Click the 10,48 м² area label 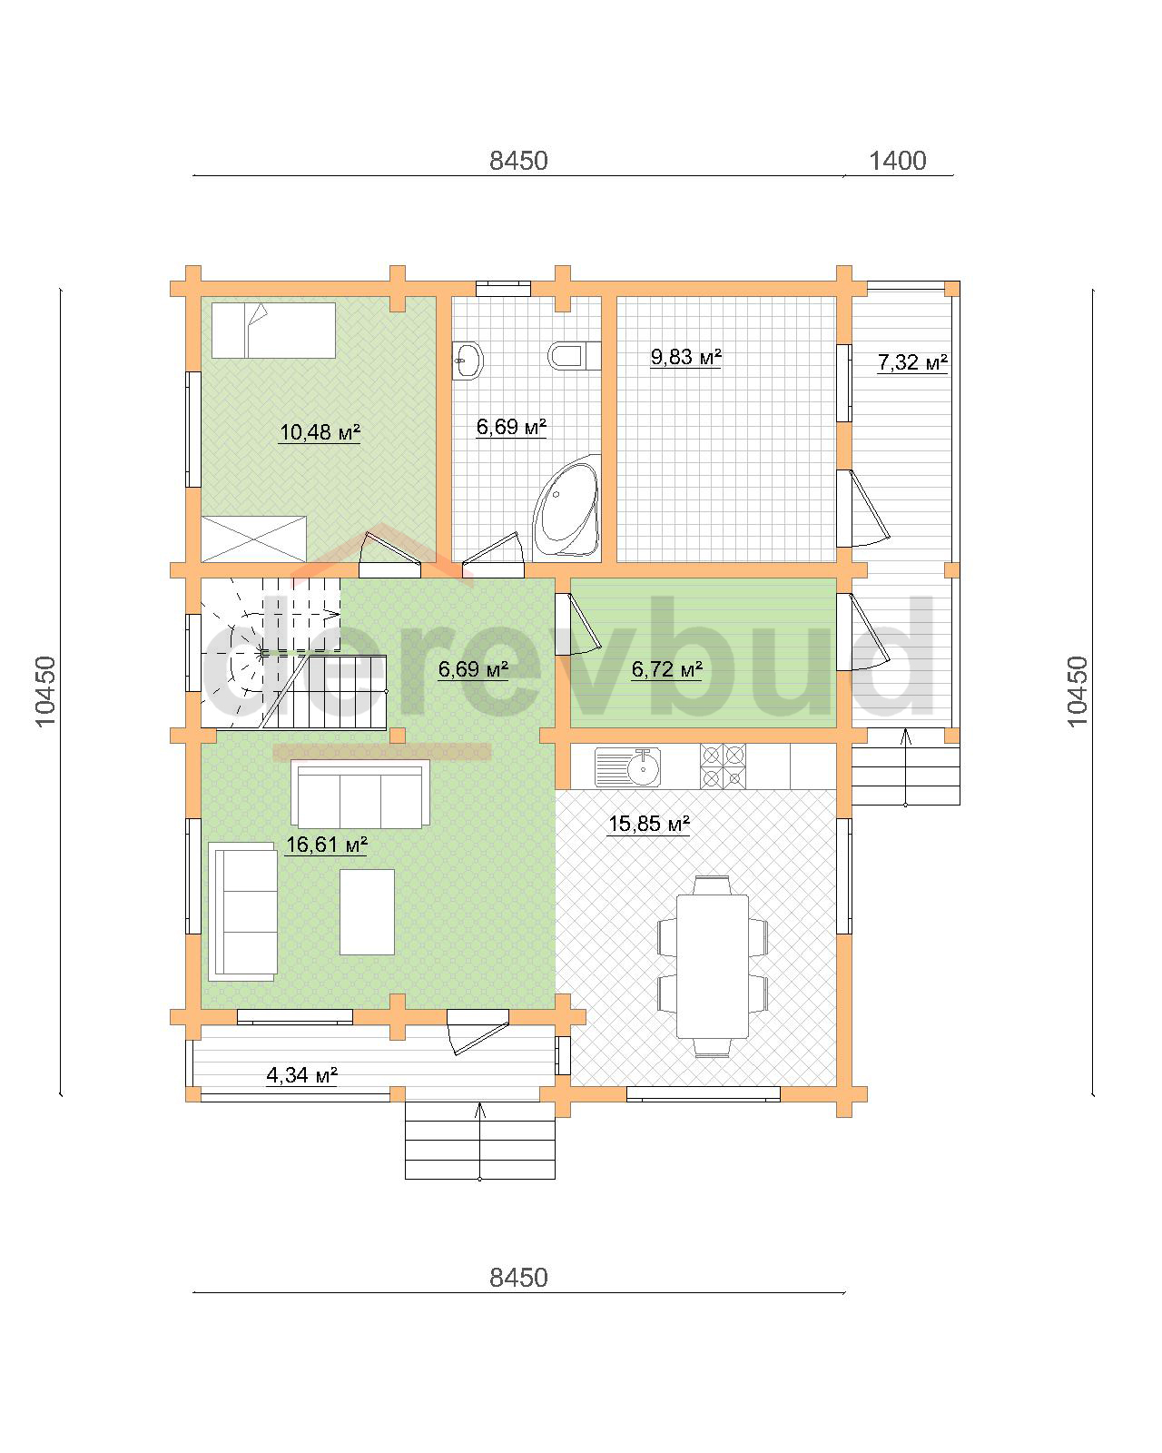click(320, 431)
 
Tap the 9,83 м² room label click(685, 356)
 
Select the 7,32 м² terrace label click(912, 362)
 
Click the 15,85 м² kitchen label click(648, 823)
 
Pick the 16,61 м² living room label click(326, 844)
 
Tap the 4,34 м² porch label click(301, 1074)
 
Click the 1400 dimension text click(897, 161)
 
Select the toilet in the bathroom click(574, 356)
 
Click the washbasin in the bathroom click(468, 361)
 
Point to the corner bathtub click(566, 507)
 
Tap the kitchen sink click(627, 767)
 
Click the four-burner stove click(724, 766)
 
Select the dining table click(713, 966)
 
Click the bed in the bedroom click(273, 331)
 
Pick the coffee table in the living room click(367, 912)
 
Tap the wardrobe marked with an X click(254, 539)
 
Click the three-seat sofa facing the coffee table click(360, 794)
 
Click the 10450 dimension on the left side click(45, 691)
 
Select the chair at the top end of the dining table click(713, 885)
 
